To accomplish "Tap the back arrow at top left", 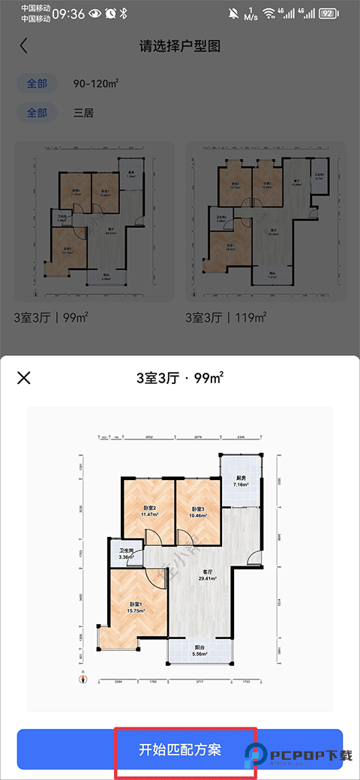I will (23, 46).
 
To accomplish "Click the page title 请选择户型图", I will (180, 46).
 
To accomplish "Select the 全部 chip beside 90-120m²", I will (37, 83).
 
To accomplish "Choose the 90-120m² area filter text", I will (97, 83).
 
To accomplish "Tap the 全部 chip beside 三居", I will (37, 113).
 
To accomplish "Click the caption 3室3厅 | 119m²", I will (226, 318).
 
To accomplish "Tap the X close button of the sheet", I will (24, 377).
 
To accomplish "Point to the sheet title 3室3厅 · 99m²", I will (180, 377).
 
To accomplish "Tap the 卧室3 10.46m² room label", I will (198, 511).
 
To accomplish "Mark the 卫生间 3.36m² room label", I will (127, 554).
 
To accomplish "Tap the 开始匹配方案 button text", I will (180, 749).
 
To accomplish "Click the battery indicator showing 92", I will (327, 13).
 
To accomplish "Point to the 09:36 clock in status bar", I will (68, 13).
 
